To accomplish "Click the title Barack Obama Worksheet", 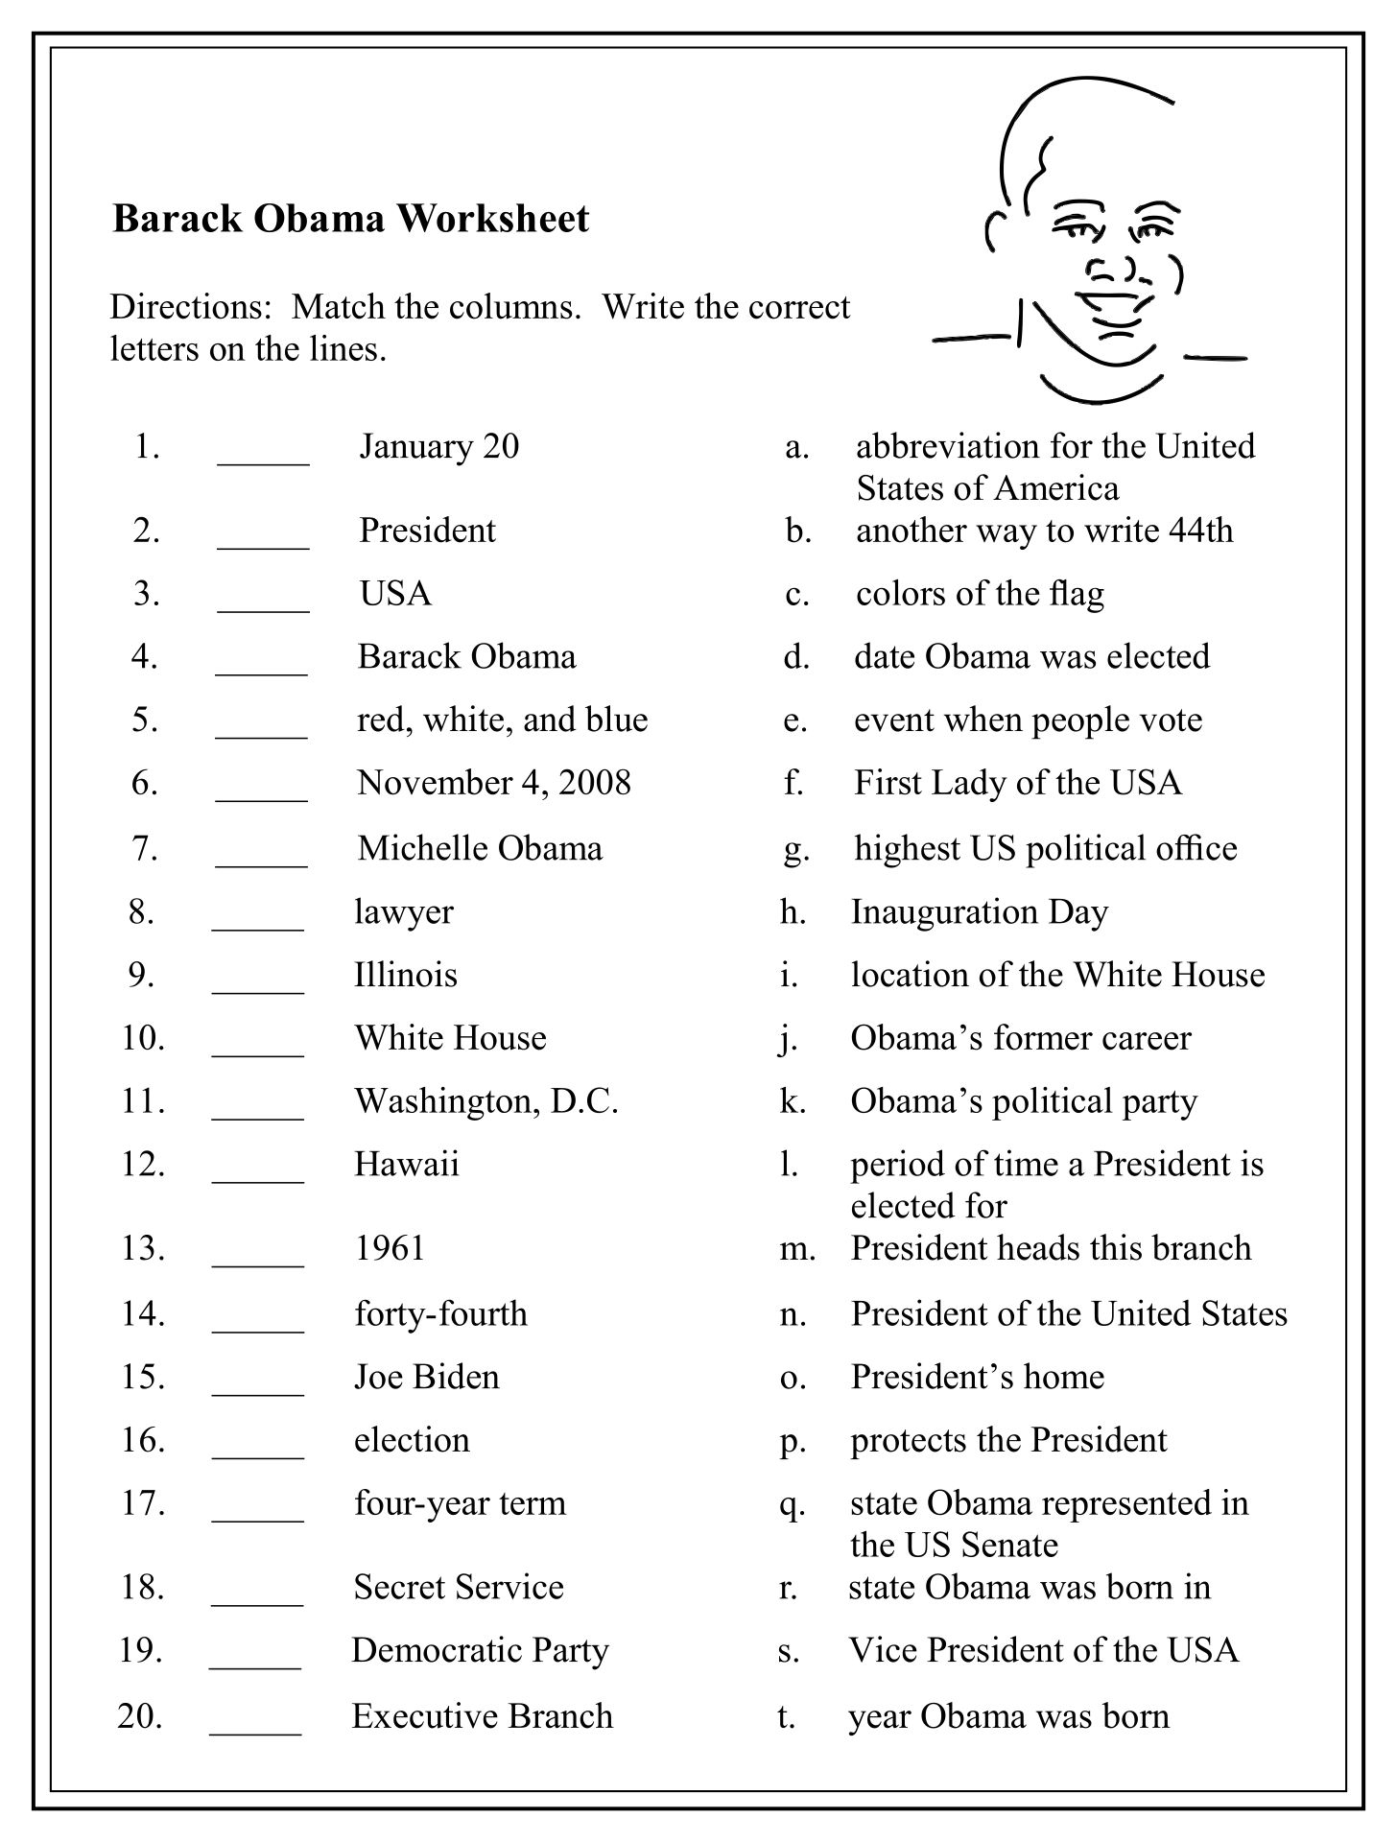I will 350,219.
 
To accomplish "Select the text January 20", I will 438,447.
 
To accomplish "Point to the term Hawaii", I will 406,1165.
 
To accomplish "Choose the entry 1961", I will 390,1248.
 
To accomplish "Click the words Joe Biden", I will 426,1378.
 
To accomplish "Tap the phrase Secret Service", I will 458,1588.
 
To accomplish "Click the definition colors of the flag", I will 980,594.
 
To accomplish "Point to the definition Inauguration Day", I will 979,912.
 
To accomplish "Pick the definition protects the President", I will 1008,1441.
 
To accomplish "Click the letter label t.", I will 786,1717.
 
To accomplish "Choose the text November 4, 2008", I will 494,784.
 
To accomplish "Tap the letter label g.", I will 795,850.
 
